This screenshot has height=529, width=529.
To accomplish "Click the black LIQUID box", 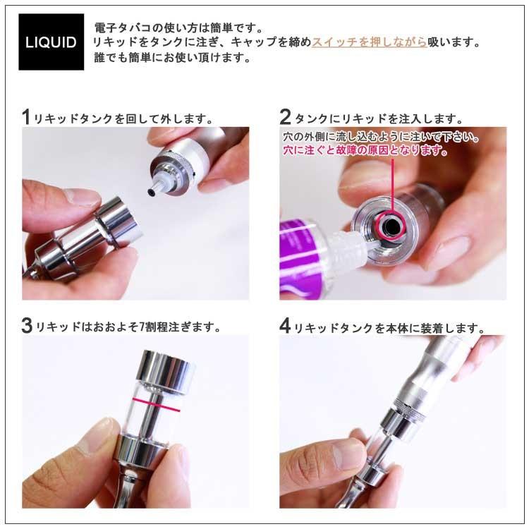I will point(51,42).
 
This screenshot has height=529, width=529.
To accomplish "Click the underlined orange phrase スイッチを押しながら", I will point(369,42).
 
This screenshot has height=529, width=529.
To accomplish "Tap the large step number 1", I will point(26,117).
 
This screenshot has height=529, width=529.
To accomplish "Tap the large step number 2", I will point(285,117).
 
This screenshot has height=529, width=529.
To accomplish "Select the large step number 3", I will point(26,326).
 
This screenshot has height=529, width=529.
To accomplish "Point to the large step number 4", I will point(285,327).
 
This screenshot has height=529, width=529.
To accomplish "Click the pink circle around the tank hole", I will point(390,224).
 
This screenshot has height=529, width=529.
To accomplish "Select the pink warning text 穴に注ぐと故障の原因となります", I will point(365,150).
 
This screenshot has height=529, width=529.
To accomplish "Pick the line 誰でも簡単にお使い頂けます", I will point(173,58).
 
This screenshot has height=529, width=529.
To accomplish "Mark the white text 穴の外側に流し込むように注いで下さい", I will point(382,137).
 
